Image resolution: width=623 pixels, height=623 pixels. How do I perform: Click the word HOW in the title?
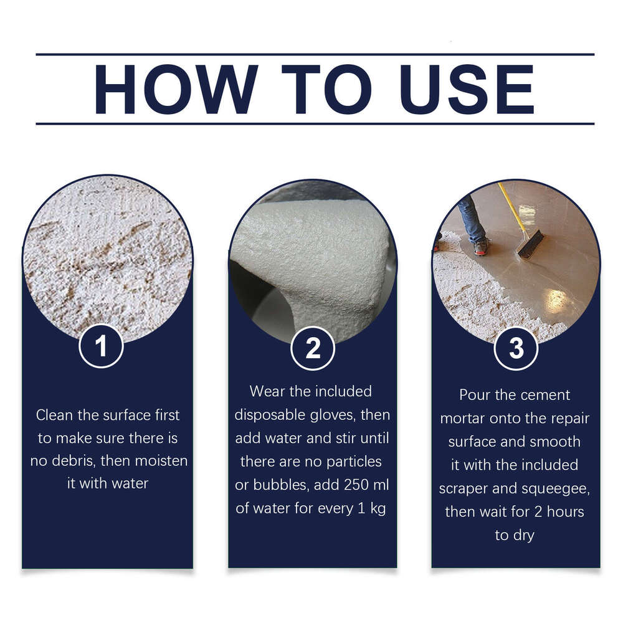click(x=176, y=88)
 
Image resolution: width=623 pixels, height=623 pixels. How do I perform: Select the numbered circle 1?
click(x=101, y=346)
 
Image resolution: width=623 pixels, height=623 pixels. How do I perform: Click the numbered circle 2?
click(x=313, y=348)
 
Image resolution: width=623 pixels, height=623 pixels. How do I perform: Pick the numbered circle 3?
click(x=516, y=348)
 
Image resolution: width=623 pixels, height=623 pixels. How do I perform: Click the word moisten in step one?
click(x=159, y=462)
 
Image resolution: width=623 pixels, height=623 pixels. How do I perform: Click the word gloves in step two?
click(x=340, y=415)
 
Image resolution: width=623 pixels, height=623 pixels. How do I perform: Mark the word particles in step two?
click(x=351, y=462)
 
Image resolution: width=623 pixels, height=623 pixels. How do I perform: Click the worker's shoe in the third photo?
click(x=480, y=248)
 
